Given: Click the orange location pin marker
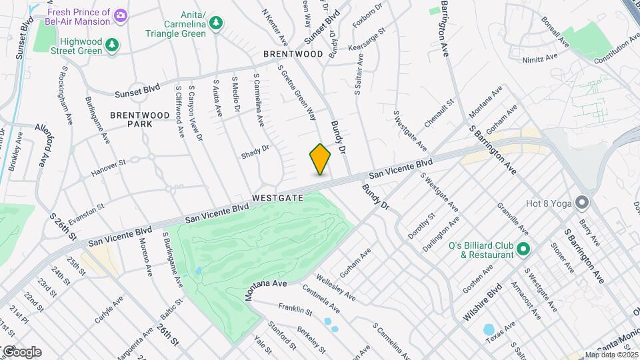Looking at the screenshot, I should pos(320,159).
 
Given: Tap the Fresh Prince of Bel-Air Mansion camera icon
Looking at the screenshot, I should pos(121,15).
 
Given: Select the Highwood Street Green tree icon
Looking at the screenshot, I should pos(113,44).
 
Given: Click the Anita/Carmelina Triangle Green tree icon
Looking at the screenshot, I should pos(215,24).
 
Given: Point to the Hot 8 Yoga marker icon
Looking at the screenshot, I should pos(583,201).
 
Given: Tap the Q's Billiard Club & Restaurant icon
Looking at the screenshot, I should pos(523,250).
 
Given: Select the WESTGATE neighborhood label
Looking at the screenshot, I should pos(278,198).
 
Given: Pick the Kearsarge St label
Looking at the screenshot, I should pos(371,40).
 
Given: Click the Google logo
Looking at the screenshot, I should pos(22,351).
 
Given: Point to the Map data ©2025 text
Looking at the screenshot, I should pos(611,355).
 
